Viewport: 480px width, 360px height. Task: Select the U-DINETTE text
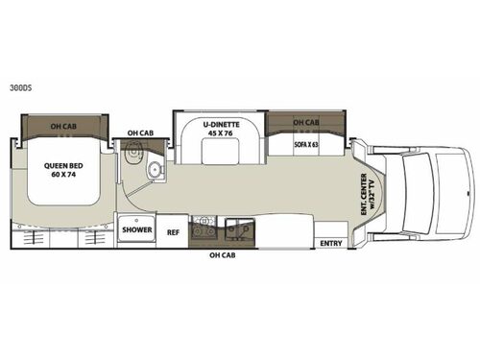pos(219,123)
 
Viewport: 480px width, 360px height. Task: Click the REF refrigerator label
pos(173,231)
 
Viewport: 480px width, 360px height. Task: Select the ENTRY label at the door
pos(331,242)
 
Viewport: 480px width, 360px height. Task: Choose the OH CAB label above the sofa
pos(305,123)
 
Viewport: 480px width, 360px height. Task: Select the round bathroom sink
pos(155,172)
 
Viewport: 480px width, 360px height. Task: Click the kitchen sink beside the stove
pos(235,228)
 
